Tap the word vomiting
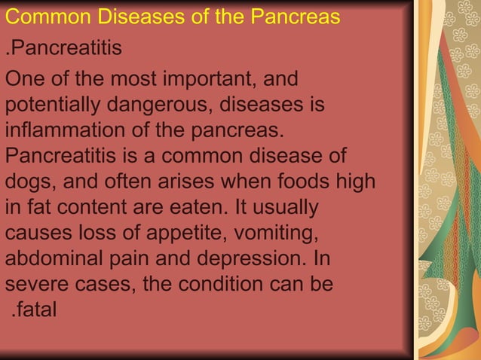(262, 233)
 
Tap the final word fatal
(36, 310)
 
